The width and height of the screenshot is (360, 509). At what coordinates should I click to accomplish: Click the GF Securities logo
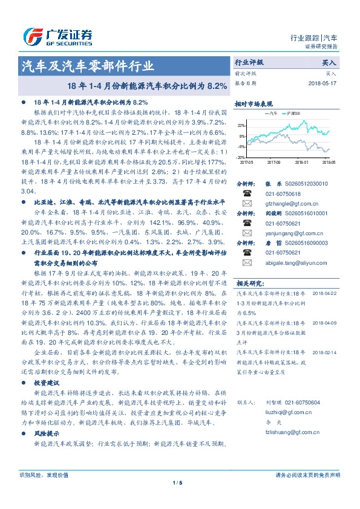pyautogui.click(x=57, y=36)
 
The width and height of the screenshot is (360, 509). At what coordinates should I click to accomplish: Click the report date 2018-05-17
pyautogui.click(x=322, y=83)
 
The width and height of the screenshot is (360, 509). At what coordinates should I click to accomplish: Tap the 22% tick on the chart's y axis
pyautogui.click(x=241, y=126)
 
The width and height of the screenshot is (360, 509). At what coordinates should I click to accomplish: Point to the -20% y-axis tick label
pyautogui.click(x=241, y=157)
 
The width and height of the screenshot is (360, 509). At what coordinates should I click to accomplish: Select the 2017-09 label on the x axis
pyautogui.click(x=273, y=162)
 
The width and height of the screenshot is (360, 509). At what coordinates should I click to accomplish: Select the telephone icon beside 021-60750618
pyautogui.click(x=247, y=193)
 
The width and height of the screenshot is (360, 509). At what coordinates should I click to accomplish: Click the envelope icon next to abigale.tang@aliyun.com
pyautogui.click(x=247, y=263)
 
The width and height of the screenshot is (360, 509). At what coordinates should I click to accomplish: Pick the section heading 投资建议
pyautogui.click(x=47, y=383)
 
